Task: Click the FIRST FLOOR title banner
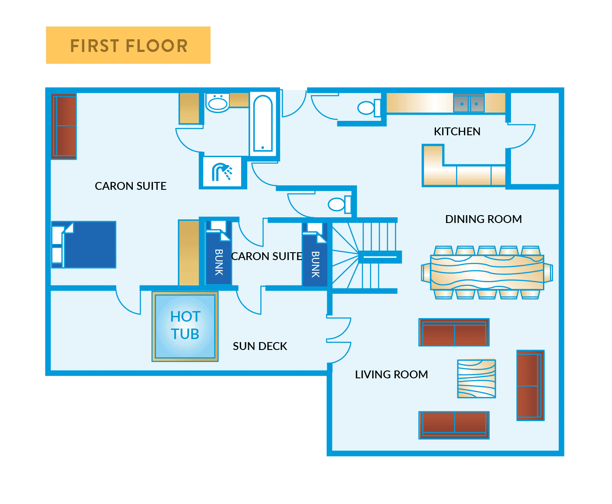click(x=128, y=45)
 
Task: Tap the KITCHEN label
click(x=457, y=131)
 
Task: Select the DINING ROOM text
click(x=483, y=219)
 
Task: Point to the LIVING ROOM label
click(x=391, y=374)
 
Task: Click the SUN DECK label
click(x=260, y=346)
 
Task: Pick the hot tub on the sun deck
click(x=185, y=326)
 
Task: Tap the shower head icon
click(x=222, y=172)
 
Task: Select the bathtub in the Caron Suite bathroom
click(x=263, y=123)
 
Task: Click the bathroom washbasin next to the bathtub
click(x=218, y=103)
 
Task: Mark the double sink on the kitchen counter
click(x=469, y=103)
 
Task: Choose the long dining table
click(x=487, y=272)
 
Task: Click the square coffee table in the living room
click(x=477, y=378)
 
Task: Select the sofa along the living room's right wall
click(x=530, y=385)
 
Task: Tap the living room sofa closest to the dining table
click(x=454, y=333)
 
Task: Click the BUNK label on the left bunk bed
click(x=219, y=262)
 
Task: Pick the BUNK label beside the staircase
click(x=315, y=264)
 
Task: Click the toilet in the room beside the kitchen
click(x=367, y=107)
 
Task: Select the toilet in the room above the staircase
click(x=338, y=204)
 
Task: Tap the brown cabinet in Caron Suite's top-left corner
click(x=64, y=127)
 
